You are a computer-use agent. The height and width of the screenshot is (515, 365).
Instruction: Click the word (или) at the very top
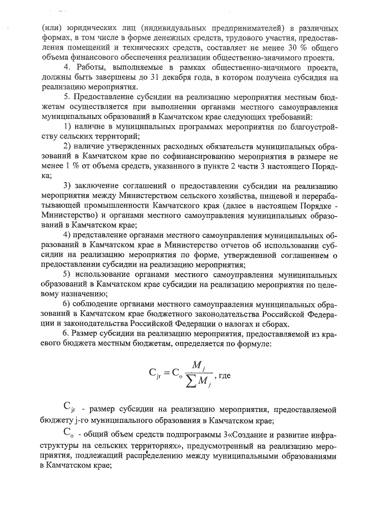51,28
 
